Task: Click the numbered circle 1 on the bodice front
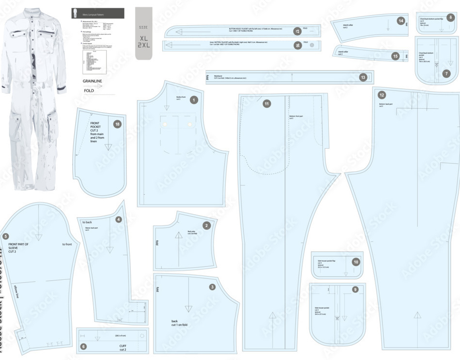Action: [x=194, y=100]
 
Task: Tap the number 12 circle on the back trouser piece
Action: [x=382, y=95]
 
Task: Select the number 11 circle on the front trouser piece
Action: [x=266, y=104]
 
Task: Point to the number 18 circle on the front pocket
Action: [x=117, y=124]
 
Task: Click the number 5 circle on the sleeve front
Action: [x=6, y=237]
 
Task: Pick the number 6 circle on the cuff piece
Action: [x=84, y=346]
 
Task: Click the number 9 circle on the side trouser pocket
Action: [x=355, y=289]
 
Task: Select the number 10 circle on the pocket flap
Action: [x=356, y=262]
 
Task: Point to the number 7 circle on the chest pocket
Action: [x=446, y=73]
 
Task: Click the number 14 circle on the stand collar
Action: [x=400, y=21]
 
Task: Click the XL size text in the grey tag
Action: [x=143, y=37]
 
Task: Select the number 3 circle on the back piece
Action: [x=212, y=287]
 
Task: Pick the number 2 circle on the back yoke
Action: [x=206, y=225]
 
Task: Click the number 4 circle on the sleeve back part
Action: [x=119, y=219]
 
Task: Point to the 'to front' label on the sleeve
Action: [x=67, y=244]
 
